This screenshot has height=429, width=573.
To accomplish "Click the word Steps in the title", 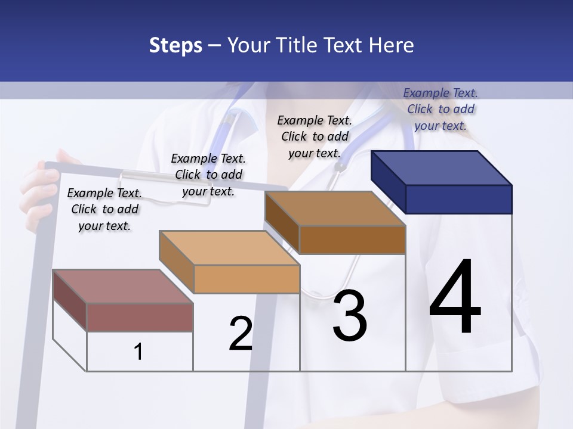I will pyautogui.click(x=175, y=46).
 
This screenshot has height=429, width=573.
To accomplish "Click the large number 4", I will pyautogui.click(x=455, y=298).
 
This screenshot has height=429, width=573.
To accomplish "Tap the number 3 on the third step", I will pyautogui.click(x=350, y=316).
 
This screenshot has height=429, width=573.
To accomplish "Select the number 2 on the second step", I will pyautogui.click(x=241, y=334).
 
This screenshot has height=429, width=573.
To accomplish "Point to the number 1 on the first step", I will pyautogui.click(x=138, y=352).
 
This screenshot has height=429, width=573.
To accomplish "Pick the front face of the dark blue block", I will pyautogui.click(x=458, y=199).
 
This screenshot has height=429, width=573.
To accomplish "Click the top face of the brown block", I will pyautogui.click(x=335, y=209).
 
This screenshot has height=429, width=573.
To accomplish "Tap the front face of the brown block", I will pyautogui.click(x=352, y=240).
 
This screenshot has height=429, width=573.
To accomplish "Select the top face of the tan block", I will pyautogui.click(x=229, y=248).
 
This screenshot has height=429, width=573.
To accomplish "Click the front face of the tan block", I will pyautogui.click(x=247, y=279).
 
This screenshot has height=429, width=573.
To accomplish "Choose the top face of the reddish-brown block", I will pyautogui.click(x=122, y=287).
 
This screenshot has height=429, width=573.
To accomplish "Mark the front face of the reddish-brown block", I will pyautogui.click(x=140, y=317).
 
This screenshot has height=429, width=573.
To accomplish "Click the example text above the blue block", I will pyautogui.click(x=440, y=109).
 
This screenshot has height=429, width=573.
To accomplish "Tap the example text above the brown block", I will pyautogui.click(x=315, y=136).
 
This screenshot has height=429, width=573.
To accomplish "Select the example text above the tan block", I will pyautogui.click(x=208, y=175).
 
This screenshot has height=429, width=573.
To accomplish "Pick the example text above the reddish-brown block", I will pyautogui.click(x=104, y=209).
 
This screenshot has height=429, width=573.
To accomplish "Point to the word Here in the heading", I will pyautogui.click(x=392, y=46).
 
